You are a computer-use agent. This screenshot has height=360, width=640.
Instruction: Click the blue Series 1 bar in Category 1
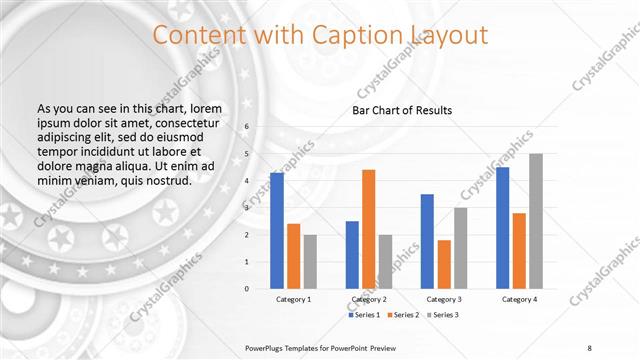(x=277, y=231)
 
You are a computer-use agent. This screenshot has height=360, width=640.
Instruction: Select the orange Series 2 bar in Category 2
(x=369, y=229)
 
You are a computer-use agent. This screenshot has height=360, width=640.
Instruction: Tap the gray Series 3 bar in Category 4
(x=535, y=221)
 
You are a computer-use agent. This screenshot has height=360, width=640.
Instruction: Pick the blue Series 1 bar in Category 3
(x=427, y=241)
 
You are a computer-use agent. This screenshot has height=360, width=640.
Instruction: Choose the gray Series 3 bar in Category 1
(x=311, y=261)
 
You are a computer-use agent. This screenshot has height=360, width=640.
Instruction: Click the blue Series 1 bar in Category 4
(x=502, y=228)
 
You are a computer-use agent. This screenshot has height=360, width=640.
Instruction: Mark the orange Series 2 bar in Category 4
(x=519, y=250)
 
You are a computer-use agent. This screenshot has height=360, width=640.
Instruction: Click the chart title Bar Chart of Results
(x=403, y=110)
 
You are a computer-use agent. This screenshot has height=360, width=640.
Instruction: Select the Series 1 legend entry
(x=363, y=315)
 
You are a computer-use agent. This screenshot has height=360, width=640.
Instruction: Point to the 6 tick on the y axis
(x=246, y=127)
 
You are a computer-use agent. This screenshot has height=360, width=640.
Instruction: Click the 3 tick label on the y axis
(x=246, y=208)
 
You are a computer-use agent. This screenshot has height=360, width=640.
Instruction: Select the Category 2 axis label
(x=369, y=299)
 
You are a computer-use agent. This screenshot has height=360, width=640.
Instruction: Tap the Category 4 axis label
(x=519, y=299)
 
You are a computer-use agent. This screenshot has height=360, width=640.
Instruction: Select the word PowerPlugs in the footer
(x=267, y=347)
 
